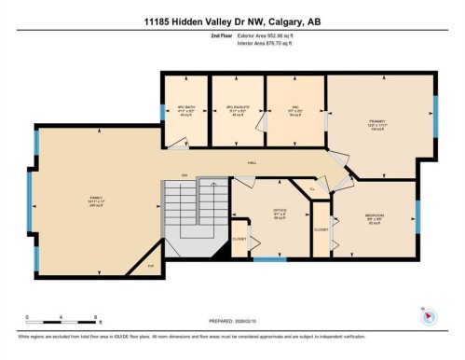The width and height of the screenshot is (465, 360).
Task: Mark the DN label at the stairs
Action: point(185,174)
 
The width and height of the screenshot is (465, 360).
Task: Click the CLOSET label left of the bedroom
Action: point(321,228)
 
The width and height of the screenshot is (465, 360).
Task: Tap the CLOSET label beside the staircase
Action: point(238,237)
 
